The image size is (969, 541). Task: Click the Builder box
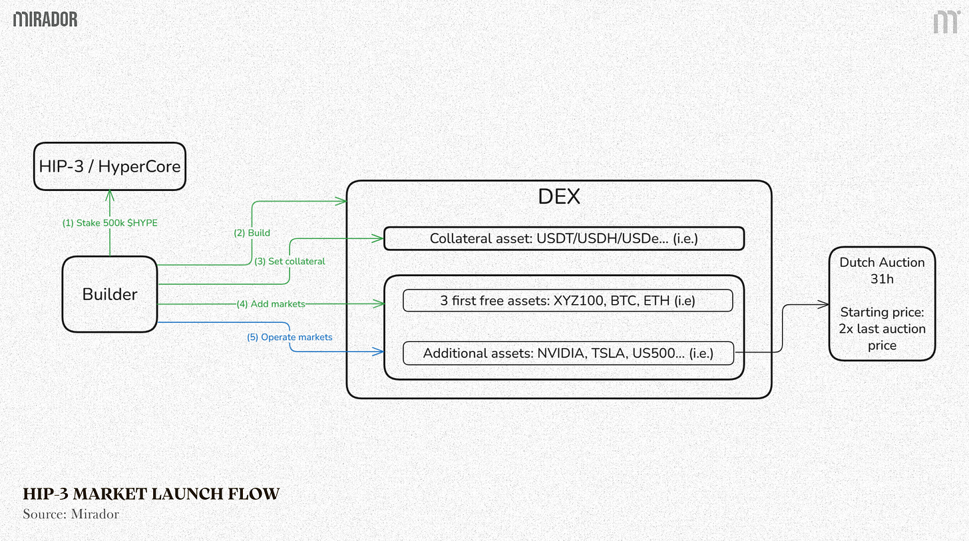point(110,294)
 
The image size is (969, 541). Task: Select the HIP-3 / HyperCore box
point(110,166)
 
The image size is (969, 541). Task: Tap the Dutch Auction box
point(882,303)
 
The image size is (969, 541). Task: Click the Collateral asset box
point(564,238)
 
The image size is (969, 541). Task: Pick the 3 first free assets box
point(568,300)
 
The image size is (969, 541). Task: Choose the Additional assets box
point(568,353)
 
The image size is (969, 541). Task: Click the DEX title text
point(559,196)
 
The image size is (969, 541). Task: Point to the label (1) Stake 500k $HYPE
point(110,223)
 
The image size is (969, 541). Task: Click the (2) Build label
point(252,233)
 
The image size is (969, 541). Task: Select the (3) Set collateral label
point(290,262)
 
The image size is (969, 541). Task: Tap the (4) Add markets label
point(271,304)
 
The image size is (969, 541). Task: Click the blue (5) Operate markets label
point(290,337)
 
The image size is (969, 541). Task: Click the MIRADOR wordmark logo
point(45,19)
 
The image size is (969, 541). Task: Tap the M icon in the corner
point(945,21)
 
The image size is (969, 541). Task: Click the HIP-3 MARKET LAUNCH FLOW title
point(151,494)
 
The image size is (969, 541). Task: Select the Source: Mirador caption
point(71,514)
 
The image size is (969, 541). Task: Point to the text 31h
point(882,279)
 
